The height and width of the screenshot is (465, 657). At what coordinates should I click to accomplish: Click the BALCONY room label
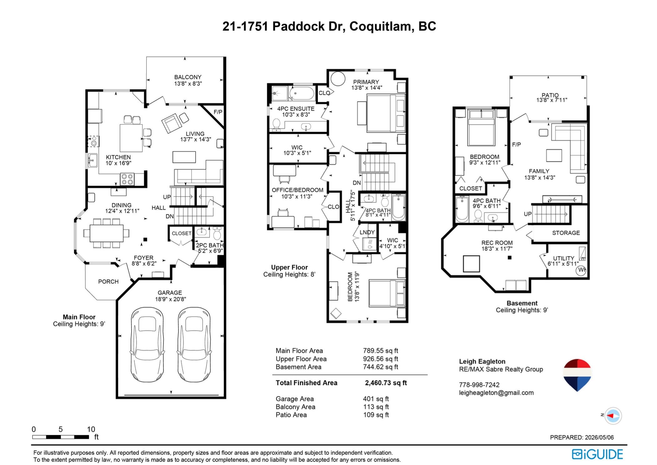pyautogui.click(x=188, y=77)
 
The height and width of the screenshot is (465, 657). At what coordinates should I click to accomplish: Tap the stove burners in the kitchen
pyautogui.click(x=127, y=179)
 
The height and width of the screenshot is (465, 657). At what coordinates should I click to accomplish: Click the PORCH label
pyautogui.click(x=108, y=282)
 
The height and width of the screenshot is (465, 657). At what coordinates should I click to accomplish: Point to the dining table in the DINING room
pyautogui.click(x=107, y=233)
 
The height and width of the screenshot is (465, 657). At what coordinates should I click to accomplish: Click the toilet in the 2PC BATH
pyautogui.click(x=217, y=234)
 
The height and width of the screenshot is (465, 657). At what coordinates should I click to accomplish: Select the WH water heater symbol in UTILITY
pyautogui.click(x=581, y=270)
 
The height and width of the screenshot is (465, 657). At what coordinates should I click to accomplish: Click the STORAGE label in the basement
pyautogui.click(x=566, y=233)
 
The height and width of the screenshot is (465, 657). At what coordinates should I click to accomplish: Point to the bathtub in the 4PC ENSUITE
pyautogui.click(x=302, y=93)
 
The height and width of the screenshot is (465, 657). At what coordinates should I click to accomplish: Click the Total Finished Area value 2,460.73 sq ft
pyautogui.click(x=386, y=383)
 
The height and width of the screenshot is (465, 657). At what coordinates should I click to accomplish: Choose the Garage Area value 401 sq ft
pyautogui.click(x=376, y=399)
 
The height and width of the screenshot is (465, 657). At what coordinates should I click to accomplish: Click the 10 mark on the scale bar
pyautogui.click(x=91, y=429)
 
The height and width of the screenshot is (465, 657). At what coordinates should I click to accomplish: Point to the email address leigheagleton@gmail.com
pyautogui.click(x=496, y=393)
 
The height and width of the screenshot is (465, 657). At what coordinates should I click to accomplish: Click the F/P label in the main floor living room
pyautogui.click(x=218, y=112)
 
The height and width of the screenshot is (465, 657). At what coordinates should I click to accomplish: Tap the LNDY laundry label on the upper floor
pyautogui.click(x=367, y=232)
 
